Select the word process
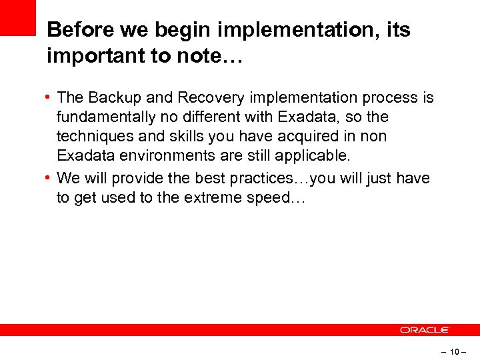pyautogui.click(x=391, y=98)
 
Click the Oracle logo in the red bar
pyautogui.click(x=425, y=330)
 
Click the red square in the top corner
pyautogui.click(x=17, y=17)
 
